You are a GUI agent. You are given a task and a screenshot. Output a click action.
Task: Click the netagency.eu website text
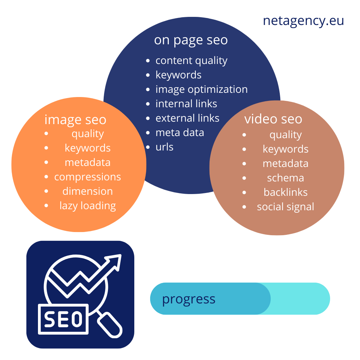click(x=303, y=21)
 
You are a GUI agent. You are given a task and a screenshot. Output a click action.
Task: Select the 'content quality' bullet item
click(x=192, y=61)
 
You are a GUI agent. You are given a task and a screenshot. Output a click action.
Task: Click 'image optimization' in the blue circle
click(x=201, y=90)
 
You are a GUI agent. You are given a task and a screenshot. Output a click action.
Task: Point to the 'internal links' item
click(x=186, y=104)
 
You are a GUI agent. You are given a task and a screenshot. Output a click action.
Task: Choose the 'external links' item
click(x=187, y=118)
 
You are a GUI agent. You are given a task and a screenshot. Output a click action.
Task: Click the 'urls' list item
click(x=165, y=147)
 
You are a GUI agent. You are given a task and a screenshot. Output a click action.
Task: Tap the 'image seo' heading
click(x=75, y=120)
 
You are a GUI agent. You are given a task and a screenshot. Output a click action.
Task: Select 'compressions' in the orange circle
click(x=88, y=177)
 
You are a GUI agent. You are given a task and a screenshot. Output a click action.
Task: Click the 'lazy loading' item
click(x=88, y=206)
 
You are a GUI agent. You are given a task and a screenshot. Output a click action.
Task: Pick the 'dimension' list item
click(x=88, y=191)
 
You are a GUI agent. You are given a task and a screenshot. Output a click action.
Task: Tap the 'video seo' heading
click(x=273, y=119)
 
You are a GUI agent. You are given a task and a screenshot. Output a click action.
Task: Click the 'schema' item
click(x=285, y=178)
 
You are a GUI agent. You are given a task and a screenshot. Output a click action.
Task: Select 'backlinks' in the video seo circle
click(x=285, y=192)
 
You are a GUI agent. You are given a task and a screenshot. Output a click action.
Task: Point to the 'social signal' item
click(x=285, y=207)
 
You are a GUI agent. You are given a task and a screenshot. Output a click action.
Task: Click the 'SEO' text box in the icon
click(x=63, y=319)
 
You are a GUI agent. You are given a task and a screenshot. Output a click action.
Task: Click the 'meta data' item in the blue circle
click(x=180, y=133)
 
